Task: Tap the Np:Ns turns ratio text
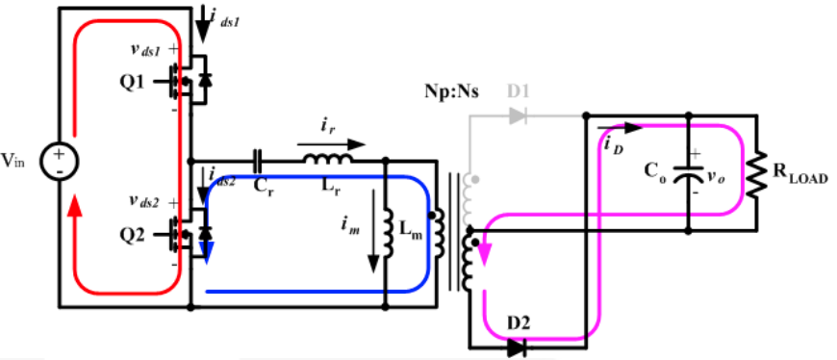point(451,92)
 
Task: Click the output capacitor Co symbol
point(687,175)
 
